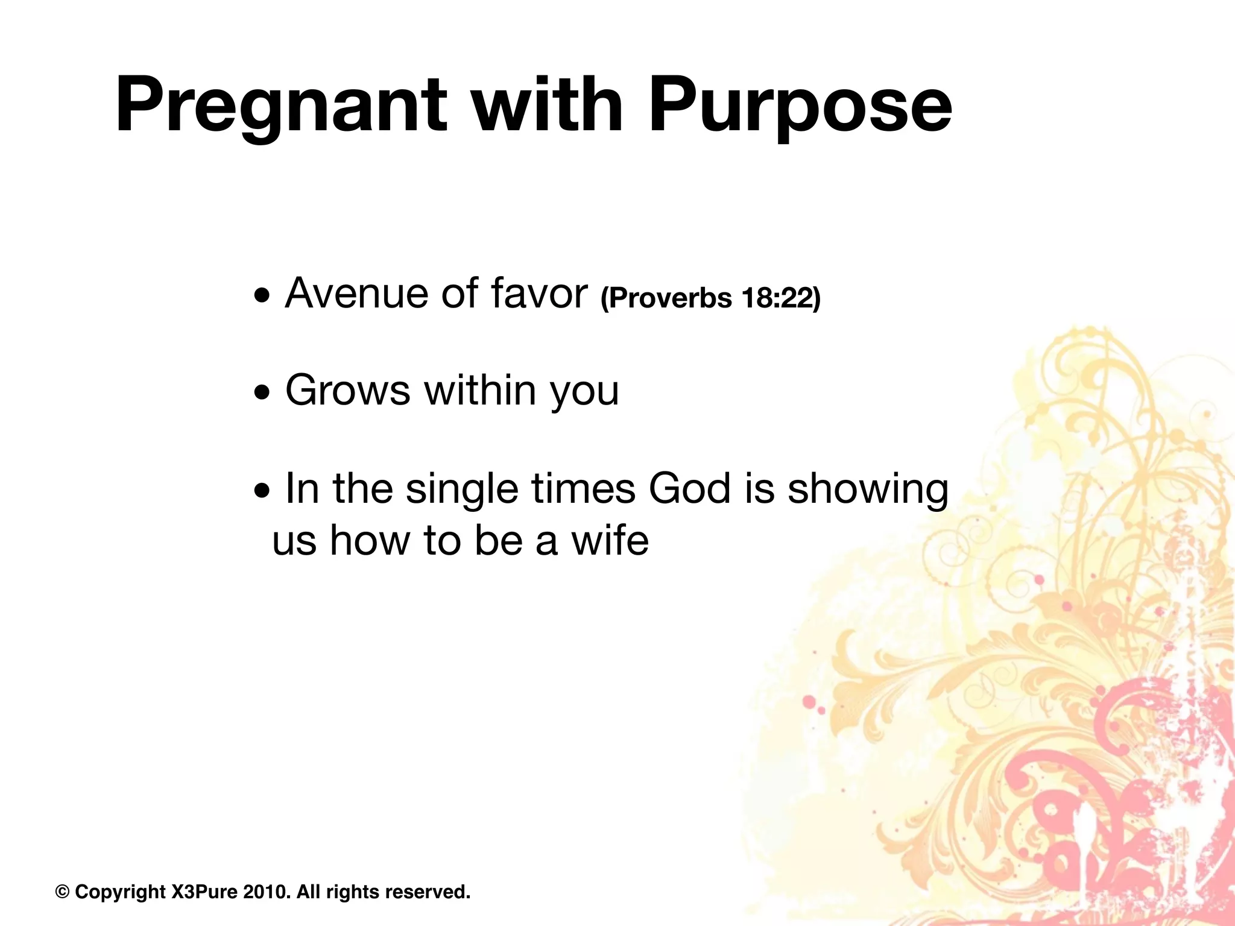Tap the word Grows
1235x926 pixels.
tap(347, 390)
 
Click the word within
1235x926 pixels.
tap(479, 390)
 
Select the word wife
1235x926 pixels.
tap(610, 540)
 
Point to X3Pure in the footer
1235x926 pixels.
tap(204, 892)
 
